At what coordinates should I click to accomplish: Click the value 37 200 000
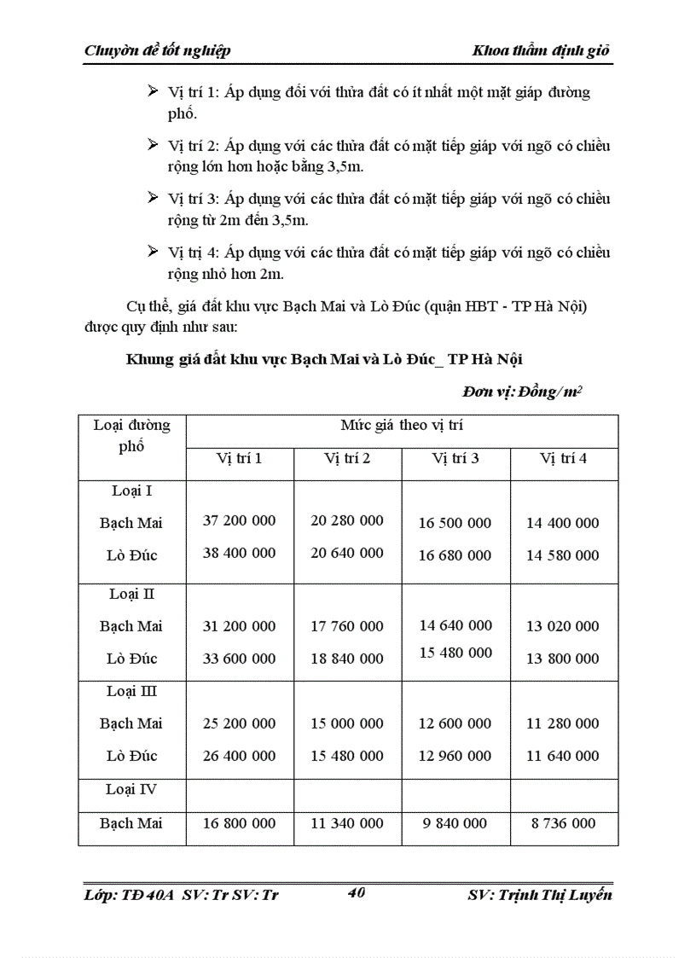(239, 520)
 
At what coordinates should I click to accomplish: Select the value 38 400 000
(239, 553)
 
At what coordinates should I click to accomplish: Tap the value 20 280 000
(347, 520)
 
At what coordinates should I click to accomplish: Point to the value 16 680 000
(455, 555)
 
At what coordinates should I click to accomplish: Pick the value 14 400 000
(562, 523)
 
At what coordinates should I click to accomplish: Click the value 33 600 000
(239, 659)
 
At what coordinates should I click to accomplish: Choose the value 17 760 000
(347, 626)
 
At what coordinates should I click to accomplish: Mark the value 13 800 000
(562, 659)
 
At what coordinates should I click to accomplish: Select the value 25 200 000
(239, 723)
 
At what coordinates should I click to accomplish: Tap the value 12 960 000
(455, 756)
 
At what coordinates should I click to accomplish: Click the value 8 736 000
(562, 823)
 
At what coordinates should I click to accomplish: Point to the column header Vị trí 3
(455, 458)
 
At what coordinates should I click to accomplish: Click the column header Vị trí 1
(239, 458)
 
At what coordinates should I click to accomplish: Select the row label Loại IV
(131, 790)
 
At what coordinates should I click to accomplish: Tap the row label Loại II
(131, 594)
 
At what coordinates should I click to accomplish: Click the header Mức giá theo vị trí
(402, 425)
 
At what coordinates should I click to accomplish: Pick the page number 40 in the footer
(357, 893)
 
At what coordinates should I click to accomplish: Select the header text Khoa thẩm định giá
(542, 50)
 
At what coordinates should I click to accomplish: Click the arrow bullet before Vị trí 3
(154, 198)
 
